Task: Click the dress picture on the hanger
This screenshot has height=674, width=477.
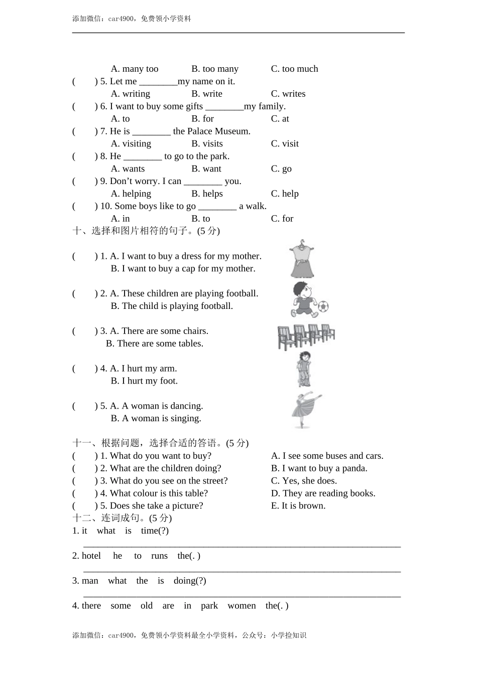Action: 302,259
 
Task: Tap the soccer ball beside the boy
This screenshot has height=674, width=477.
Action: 323,305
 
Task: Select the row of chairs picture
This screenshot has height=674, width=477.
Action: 306,336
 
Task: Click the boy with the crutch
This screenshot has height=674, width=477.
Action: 303,369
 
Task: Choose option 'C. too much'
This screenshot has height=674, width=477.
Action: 294,69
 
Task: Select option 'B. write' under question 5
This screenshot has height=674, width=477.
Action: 206,94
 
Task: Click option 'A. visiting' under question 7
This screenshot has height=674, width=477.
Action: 131,143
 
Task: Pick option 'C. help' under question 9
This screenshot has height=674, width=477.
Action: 285,194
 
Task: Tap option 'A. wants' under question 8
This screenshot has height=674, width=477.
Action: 128,168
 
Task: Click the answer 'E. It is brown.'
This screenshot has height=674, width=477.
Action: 298,505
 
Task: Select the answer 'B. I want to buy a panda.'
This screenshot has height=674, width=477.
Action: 319,468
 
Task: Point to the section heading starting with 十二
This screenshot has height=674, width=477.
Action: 122,518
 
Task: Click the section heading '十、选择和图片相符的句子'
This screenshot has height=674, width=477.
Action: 146,231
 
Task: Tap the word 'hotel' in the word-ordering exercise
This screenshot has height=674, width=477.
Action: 91,556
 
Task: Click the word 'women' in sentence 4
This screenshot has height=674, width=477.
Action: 242,606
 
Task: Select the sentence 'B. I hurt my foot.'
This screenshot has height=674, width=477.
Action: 144,381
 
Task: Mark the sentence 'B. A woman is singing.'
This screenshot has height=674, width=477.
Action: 156,418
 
